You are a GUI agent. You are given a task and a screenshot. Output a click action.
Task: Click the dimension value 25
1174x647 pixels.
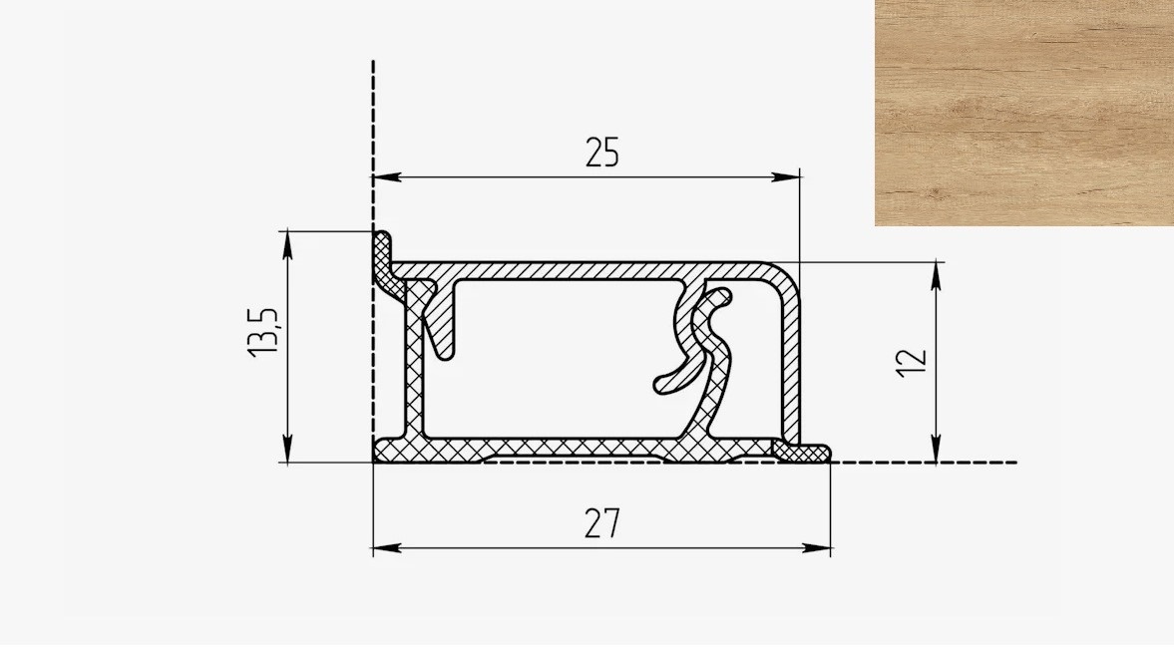(x=602, y=153)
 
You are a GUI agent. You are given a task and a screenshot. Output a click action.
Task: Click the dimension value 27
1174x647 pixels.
(x=602, y=523)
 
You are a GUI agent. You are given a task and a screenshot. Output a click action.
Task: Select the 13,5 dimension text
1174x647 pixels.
(x=263, y=332)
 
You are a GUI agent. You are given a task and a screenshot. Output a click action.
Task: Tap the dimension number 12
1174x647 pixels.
(x=913, y=363)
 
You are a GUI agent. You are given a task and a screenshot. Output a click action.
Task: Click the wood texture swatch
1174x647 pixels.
(x=1024, y=113)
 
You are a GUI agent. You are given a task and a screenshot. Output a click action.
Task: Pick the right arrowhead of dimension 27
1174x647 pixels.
(x=817, y=548)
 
